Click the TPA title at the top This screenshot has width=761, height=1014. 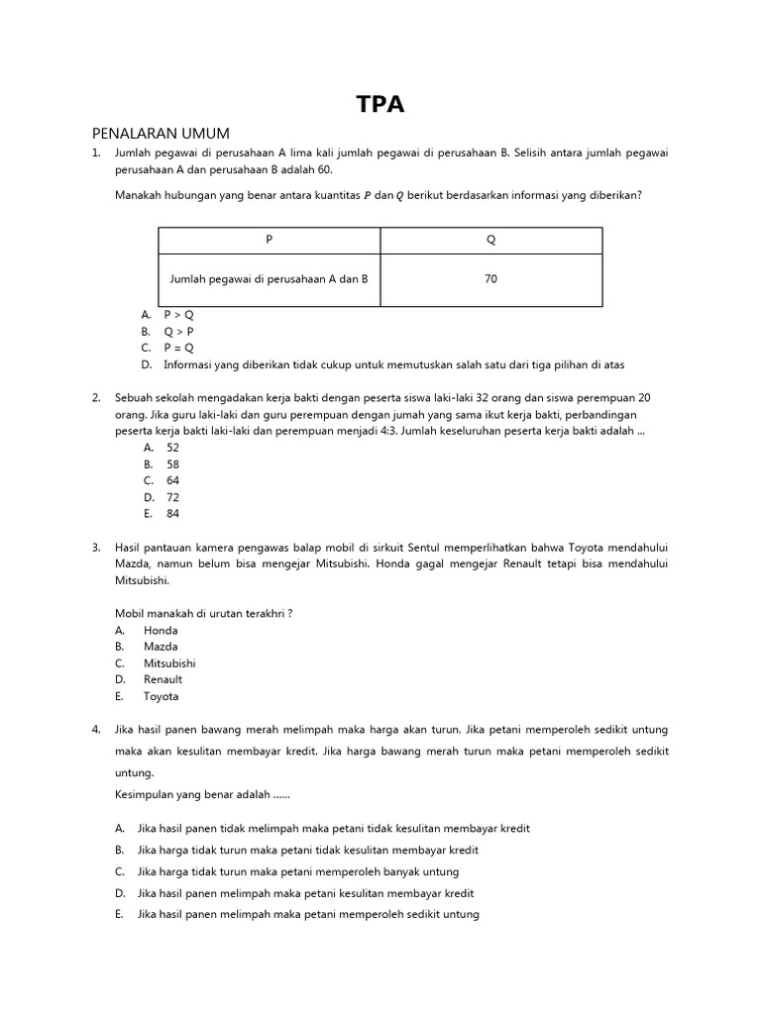click(380, 105)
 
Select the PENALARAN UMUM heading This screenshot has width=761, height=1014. click(160, 134)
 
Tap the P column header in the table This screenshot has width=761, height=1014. click(269, 241)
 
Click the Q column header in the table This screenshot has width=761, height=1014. click(490, 241)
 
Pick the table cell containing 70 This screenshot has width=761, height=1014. click(490, 279)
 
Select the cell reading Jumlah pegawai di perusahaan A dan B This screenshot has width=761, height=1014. click(269, 279)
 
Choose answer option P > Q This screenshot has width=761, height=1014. click(180, 315)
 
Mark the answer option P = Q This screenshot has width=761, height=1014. click(180, 349)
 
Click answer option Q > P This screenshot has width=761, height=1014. click(180, 332)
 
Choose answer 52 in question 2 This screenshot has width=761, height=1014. click(172, 448)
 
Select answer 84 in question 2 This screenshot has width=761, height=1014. click(172, 514)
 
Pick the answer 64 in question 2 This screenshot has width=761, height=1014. click(172, 480)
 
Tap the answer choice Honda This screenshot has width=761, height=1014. click(161, 630)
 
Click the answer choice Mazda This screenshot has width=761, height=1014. click(162, 647)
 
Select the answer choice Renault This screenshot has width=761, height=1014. click(163, 679)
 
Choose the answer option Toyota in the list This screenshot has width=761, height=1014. click(161, 696)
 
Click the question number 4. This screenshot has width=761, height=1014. click(96, 730)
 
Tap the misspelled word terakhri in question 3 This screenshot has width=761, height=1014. click(264, 613)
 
